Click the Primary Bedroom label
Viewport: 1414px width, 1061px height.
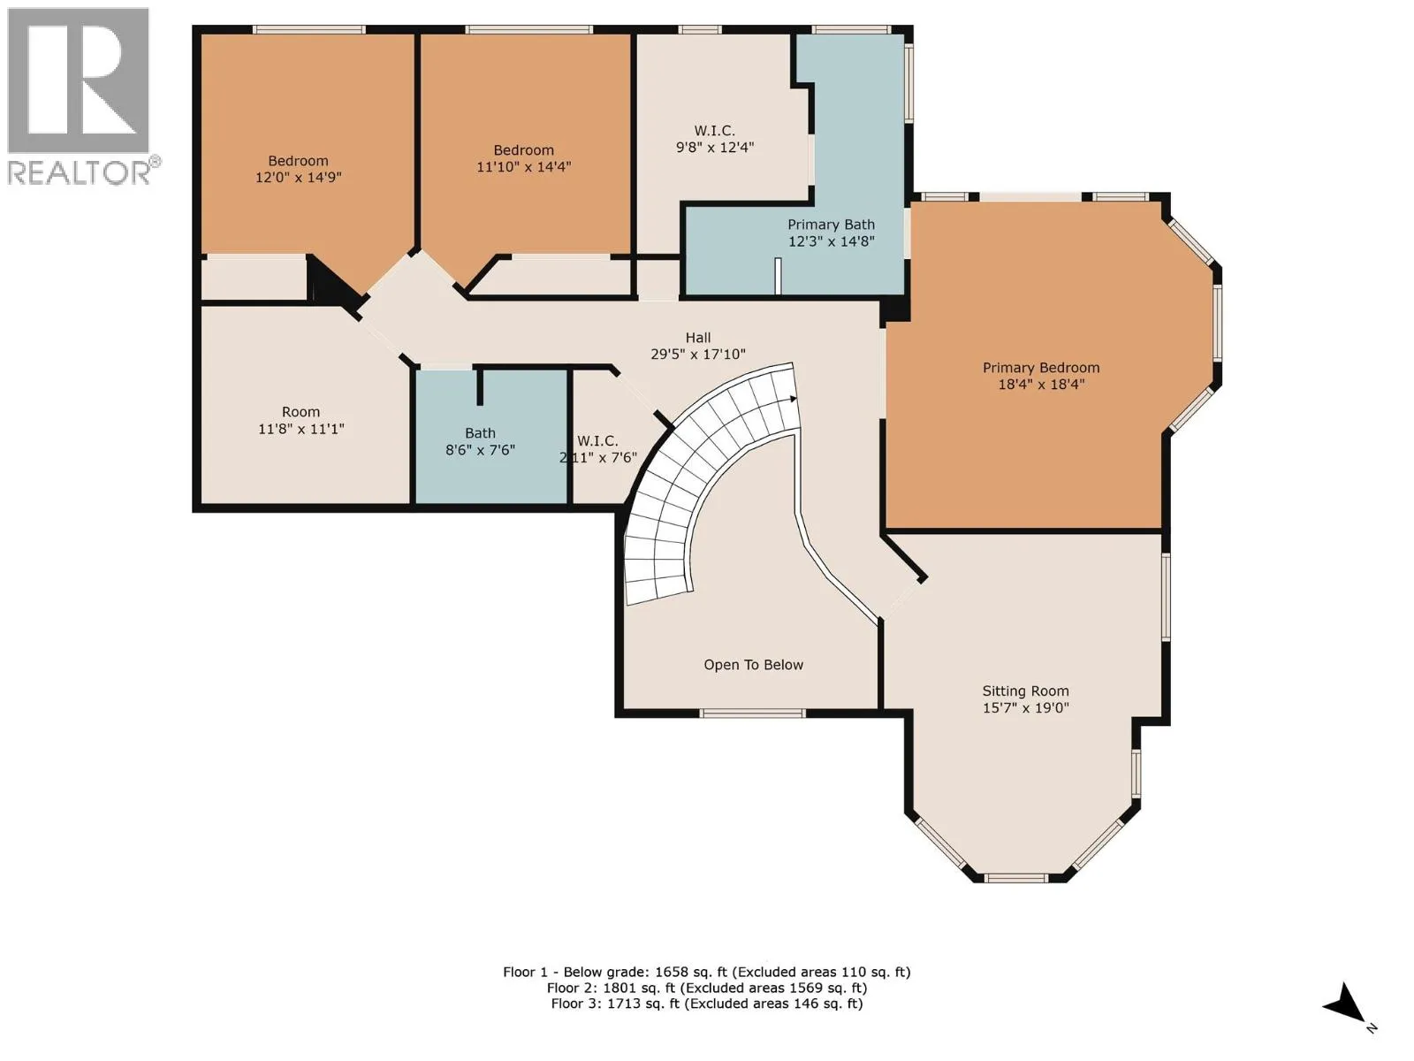tap(1041, 368)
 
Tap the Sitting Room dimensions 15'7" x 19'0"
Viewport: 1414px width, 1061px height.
tap(1025, 707)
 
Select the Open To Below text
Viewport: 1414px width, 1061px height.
tap(753, 665)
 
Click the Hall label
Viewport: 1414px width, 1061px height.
tap(698, 338)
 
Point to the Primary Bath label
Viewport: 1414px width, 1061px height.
tap(831, 225)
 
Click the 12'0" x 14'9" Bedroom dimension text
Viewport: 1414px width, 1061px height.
tap(298, 177)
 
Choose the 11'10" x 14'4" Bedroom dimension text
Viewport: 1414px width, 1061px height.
tap(524, 167)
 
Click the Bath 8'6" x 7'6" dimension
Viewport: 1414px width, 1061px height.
tap(480, 450)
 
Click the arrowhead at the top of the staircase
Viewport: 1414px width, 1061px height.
tap(794, 400)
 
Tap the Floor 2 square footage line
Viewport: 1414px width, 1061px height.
tap(707, 988)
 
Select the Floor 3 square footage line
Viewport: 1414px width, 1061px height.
tap(707, 1004)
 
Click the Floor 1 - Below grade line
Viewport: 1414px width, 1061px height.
tap(707, 972)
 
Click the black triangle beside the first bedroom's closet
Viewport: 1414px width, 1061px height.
tap(331, 281)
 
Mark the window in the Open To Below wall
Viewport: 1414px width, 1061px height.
tap(752, 714)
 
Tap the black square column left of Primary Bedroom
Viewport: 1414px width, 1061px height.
tap(894, 309)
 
